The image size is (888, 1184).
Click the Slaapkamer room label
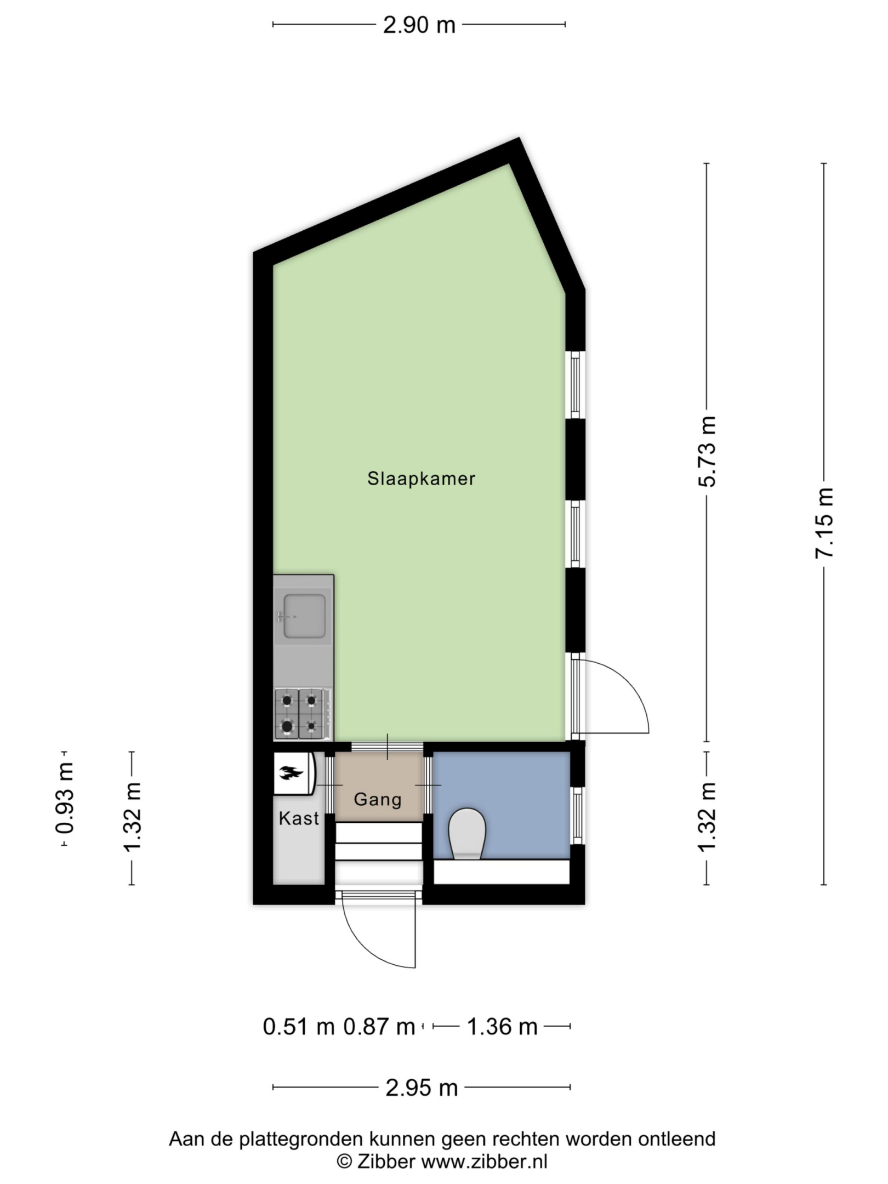[421, 479]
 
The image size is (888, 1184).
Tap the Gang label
[378, 800]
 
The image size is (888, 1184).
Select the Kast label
[299, 818]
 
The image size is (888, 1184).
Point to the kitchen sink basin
[304, 617]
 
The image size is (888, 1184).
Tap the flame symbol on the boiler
[291, 773]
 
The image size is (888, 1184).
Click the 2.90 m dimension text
[419, 25]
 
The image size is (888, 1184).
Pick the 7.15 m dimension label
[824, 523]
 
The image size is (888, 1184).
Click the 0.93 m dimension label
[65, 798]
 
